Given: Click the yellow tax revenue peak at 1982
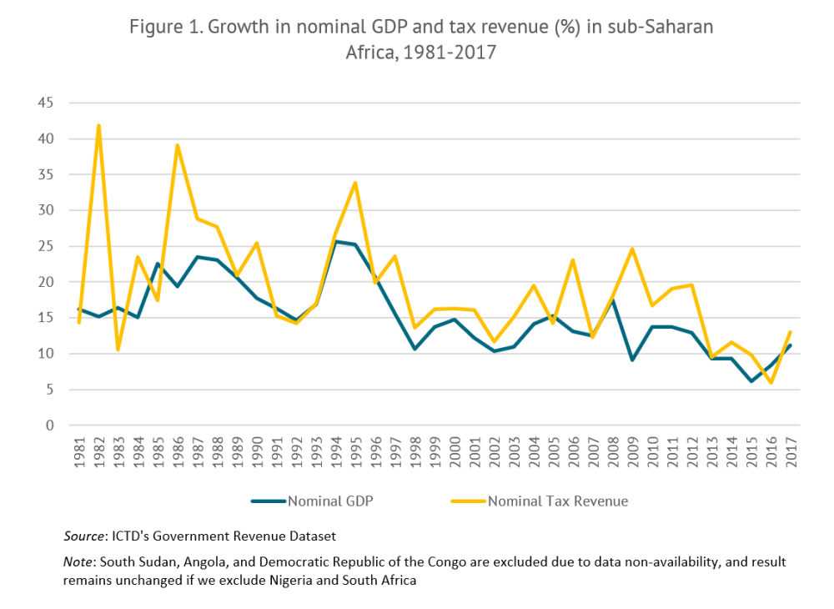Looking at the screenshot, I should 98,126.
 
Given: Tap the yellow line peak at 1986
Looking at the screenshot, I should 178,146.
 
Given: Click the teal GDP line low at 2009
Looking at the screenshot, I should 632,360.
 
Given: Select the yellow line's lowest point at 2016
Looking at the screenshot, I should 771,382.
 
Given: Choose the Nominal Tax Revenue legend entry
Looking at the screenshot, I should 557,501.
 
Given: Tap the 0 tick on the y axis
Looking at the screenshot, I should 49,425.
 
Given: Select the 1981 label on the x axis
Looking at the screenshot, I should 79,454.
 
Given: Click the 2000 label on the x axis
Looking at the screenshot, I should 455,454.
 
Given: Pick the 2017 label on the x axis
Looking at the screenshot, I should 791,454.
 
